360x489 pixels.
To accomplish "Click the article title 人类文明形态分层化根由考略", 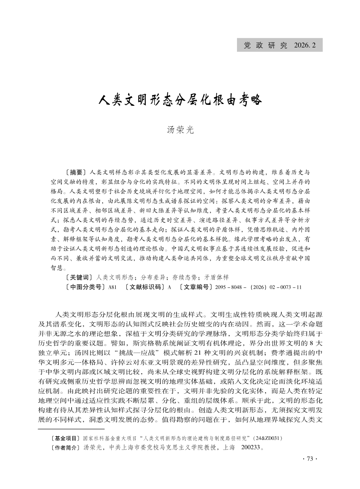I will pos(180,99).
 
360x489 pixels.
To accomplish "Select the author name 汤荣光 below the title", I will pos(180,130).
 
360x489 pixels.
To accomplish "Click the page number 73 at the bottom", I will pos(311,459).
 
